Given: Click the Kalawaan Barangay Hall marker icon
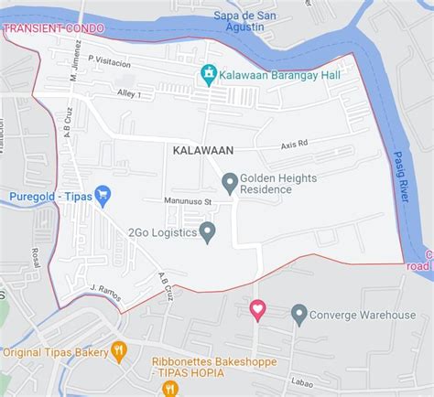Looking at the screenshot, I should (209, 74).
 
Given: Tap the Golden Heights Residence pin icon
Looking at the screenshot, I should (230, 183).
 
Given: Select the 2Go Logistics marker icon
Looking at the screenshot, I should (208, 232).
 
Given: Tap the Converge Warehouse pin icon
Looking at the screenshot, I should (298, 315).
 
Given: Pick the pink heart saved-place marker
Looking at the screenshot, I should (257, 310).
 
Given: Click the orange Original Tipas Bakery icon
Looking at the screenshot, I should (118, 351).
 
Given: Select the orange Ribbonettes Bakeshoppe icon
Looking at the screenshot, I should (168, 389).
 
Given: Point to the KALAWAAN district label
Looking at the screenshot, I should (202, 149).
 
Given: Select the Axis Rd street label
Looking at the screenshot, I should (295, 145).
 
